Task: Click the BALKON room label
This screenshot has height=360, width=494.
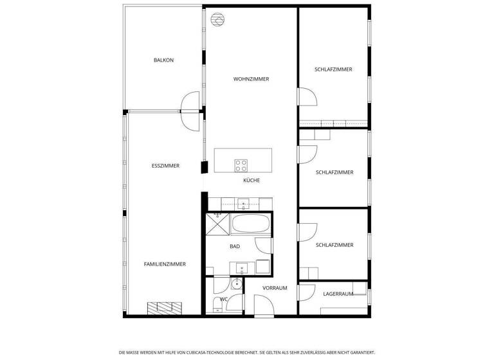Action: coord(163,60)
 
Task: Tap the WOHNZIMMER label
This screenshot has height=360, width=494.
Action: coord(251,79)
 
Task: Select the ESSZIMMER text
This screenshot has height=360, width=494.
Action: coord(165,166)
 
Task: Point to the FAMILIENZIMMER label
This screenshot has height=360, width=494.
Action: coord(165,264)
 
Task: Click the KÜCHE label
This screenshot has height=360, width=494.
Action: coord(252,181)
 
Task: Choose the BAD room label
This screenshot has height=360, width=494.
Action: coord(235,246)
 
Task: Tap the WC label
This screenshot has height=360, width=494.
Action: coord(224,299)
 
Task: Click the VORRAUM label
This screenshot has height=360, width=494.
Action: coord(275,288)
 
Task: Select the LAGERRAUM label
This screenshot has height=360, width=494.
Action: coord(338,294)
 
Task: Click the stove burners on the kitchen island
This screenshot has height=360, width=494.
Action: coord(241,165)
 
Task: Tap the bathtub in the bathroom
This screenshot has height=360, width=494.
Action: coord(251,224)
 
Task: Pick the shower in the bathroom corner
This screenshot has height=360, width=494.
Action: coord(217,224)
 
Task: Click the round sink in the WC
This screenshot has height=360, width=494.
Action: coord(236,283)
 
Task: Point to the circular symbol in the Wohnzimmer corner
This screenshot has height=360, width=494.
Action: coord(217,19)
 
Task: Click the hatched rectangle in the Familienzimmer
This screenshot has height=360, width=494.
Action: coord(165,308)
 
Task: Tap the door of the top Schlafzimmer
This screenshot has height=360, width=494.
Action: coord(307,97)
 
